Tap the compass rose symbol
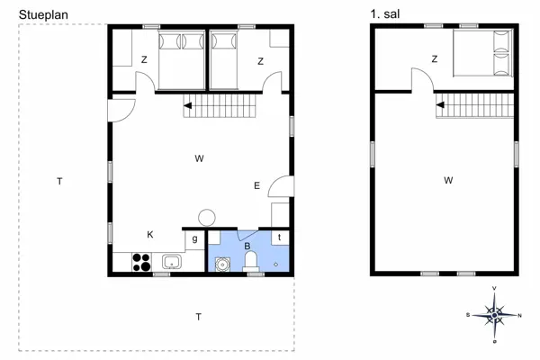coord(494,314)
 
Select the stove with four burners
coord(142,263)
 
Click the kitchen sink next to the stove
coord(171,263)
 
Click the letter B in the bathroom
coord(247,245)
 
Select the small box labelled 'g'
coord(194,239)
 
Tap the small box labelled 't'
coord(281,238)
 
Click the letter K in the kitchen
coord(150,234)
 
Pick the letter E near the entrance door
coord(256,186)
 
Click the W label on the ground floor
coord(199,158)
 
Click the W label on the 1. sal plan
coord(447,180)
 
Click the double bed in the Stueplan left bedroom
coord(182,58)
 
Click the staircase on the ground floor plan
coord(221,111)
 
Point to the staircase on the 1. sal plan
coord(472,108)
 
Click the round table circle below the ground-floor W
coord(207,217)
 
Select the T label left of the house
coord(59,182)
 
